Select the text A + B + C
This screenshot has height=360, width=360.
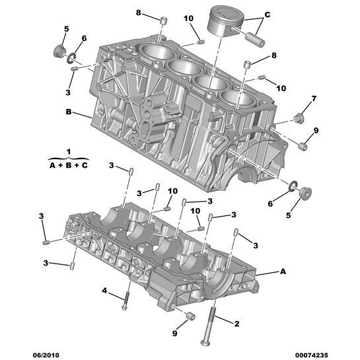tap(68, 165)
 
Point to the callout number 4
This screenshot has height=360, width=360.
tap(104, 290)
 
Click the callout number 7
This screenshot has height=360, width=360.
tap(314, 98)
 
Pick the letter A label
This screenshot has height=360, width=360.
tap(283, 271)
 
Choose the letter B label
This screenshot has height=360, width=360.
tap(68, 112)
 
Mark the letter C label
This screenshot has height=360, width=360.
tap(267, 13)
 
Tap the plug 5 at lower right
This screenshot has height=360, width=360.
tap(305, 195)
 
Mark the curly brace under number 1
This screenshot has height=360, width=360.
tap(68, 158)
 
